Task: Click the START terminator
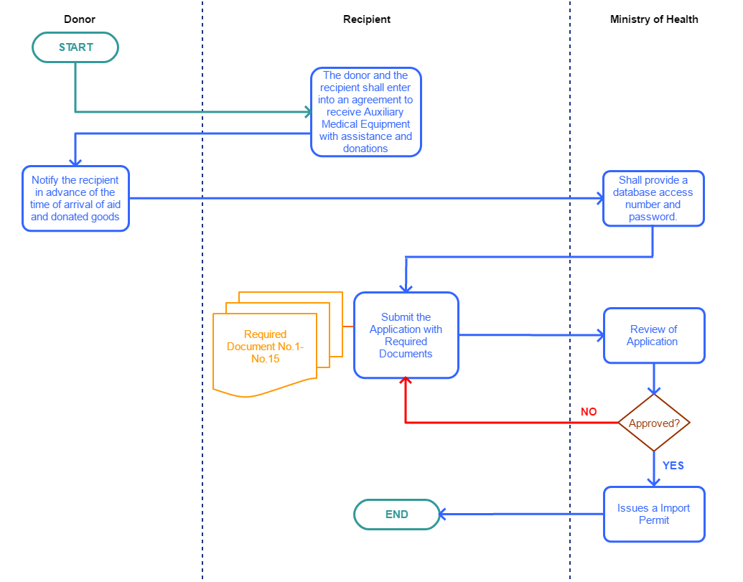tap(75, 47)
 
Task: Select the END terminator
tap(396, 515)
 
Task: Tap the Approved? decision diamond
tap(654, 423)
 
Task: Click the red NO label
tap(589, 412)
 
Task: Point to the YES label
tap(673, 466)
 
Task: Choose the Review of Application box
tap(654, 335)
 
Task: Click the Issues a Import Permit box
tap(654, 514)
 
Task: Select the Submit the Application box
tap(406, 335)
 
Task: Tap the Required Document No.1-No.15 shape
tap(265, 347)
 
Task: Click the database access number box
tap(653, 198)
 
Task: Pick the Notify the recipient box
tap(75, 199)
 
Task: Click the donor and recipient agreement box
tap(365, 112)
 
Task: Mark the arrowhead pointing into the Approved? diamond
tap(654, 391)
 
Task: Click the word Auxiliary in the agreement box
tap(385, 112)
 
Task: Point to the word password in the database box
tap(653, 217)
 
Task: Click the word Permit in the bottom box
tap(654, 520)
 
